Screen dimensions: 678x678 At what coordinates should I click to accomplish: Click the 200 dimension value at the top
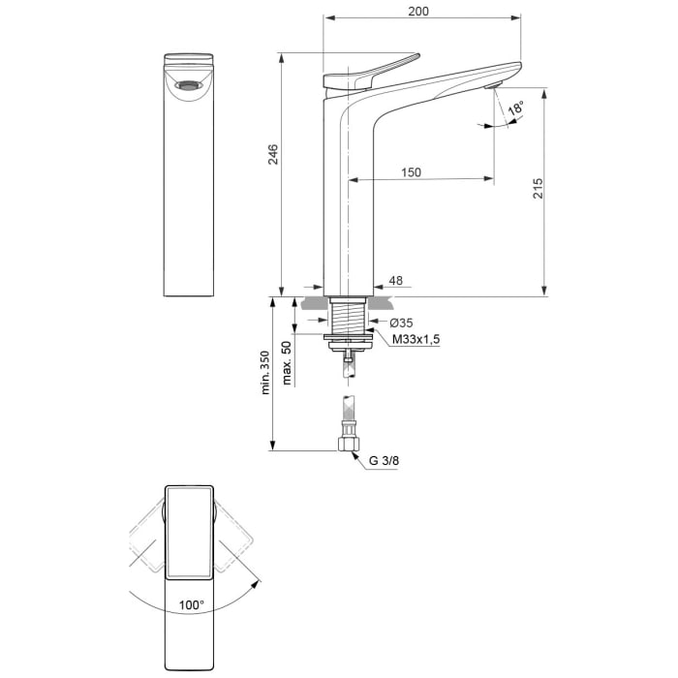coord(418,11)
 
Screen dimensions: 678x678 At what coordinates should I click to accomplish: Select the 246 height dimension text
coord(273,154)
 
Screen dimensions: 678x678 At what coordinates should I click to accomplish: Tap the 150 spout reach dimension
coord(411,172)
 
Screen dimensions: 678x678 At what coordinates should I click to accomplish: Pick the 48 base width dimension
coord(395,281)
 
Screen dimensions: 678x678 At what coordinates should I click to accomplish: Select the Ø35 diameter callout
coord(401,323)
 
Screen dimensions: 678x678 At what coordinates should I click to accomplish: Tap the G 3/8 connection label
coord(384,461)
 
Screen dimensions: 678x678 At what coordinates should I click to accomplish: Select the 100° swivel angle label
coord(192,604)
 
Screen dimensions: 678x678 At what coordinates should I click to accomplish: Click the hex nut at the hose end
coord(348,445)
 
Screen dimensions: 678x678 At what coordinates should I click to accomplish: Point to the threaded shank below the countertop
coord(347,315)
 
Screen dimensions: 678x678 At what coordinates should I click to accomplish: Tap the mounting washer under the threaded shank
coord(347,337)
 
